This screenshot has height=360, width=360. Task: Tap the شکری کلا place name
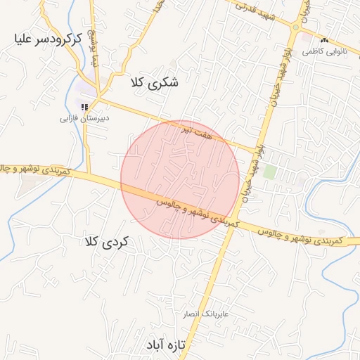click(x=155, y=83)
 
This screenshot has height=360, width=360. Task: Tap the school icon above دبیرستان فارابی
click(x=84, y=107)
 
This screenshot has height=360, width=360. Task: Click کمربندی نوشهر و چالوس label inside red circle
click(x=191, y=210)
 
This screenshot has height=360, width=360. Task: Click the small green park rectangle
click(x=269, y=172)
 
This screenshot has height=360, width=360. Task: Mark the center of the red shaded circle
click(x=180, y=179)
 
